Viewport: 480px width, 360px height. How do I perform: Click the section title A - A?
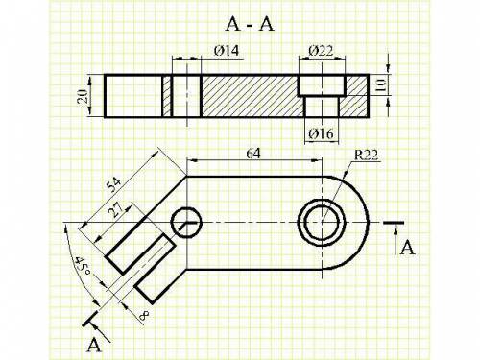coord(250,24)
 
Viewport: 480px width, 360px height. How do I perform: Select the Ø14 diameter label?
coord(227,51)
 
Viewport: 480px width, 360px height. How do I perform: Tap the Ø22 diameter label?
coord(321,51)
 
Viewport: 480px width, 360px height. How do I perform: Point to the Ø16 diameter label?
coord(321,133)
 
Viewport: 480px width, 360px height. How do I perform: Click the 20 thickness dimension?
coord(83,96)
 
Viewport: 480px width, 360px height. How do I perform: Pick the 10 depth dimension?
coord(381,84)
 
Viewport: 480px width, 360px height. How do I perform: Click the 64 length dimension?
coord(253,154)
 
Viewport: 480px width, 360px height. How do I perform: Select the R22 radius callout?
coord(366,156)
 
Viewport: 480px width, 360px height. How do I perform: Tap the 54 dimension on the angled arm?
coord(114,185)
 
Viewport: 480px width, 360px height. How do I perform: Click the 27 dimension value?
coord(116,210)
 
